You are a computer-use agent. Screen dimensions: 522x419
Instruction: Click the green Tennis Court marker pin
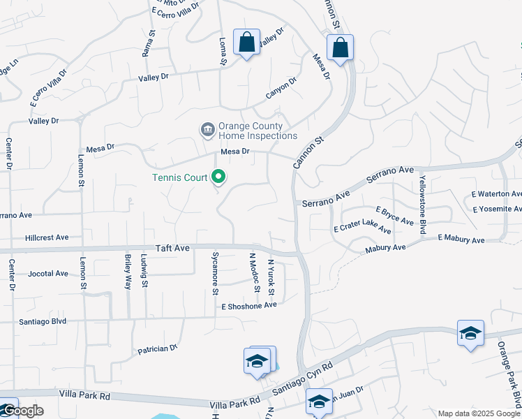click(x=218, y=177)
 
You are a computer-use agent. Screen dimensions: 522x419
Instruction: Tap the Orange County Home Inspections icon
click(x=207, y=130)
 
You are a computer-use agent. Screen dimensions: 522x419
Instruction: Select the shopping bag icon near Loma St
click(x=246, y=42)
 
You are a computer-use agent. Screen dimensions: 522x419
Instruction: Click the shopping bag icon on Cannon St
click(x=340, y=48)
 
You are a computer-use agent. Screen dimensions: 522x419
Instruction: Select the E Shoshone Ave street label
click(x=249, y=305)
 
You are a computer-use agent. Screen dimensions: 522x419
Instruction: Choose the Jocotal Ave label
click(x=48, y=273)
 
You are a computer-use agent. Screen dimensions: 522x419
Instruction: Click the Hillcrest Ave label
click(x=46, y=237)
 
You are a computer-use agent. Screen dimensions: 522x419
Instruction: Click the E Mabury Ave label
click(x=461, y=240)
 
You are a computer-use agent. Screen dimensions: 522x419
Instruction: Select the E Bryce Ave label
click(x=394, y=215)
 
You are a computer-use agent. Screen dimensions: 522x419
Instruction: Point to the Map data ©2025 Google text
click(x=478, y=413)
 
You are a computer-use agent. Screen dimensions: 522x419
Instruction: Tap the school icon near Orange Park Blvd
click(x=470, y=333)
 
